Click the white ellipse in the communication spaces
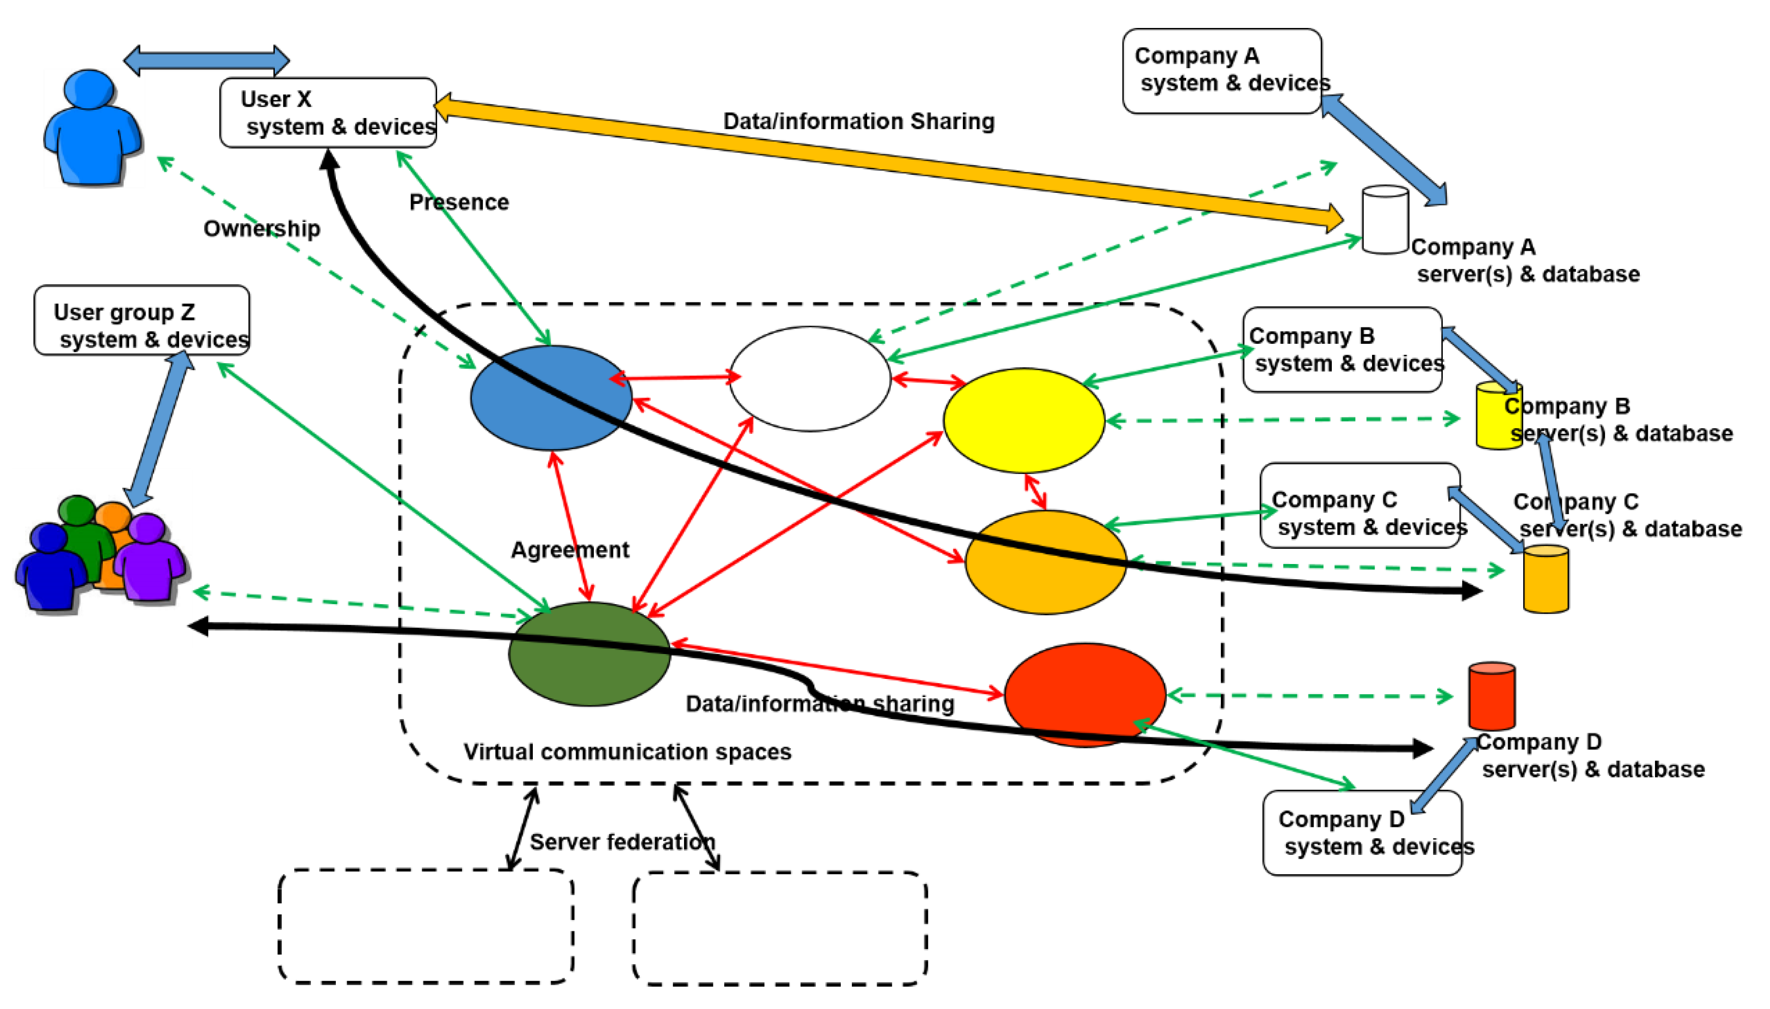coord(810,378)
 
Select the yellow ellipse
coord(1024,420)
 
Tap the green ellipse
coord(589,654)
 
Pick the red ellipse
coord(1085,694)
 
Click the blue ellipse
coord(551,397)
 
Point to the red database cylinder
coord(1492,696)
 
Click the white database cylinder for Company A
coord(1385,219)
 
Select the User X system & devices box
coord(328,112)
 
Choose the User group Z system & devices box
coord(142,320)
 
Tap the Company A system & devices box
coord(1222,71)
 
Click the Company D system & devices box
coord(1362,833)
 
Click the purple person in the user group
coord(149,556)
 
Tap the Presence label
coord(459,202)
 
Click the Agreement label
coord(570,550)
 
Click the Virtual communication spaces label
coord(627,751)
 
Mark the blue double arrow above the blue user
coord(207,61)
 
